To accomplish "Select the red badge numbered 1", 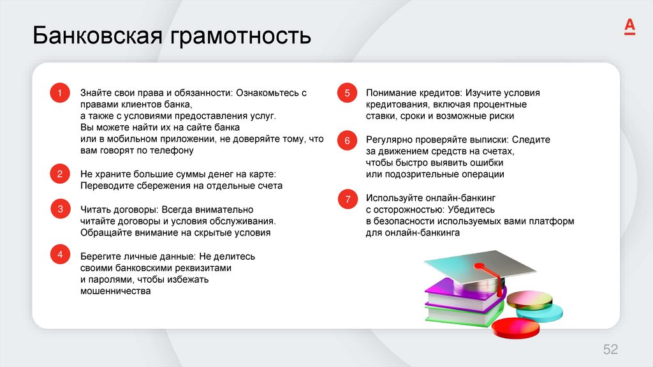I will coord(59,94).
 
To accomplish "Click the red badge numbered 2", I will coord(59,174).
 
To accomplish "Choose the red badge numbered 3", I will coord(59,209).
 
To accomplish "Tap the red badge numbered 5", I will coord(348,94).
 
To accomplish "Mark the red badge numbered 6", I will coord(348,140).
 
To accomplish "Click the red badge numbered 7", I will coord(348,200).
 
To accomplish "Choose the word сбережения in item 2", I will coord(157,186).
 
